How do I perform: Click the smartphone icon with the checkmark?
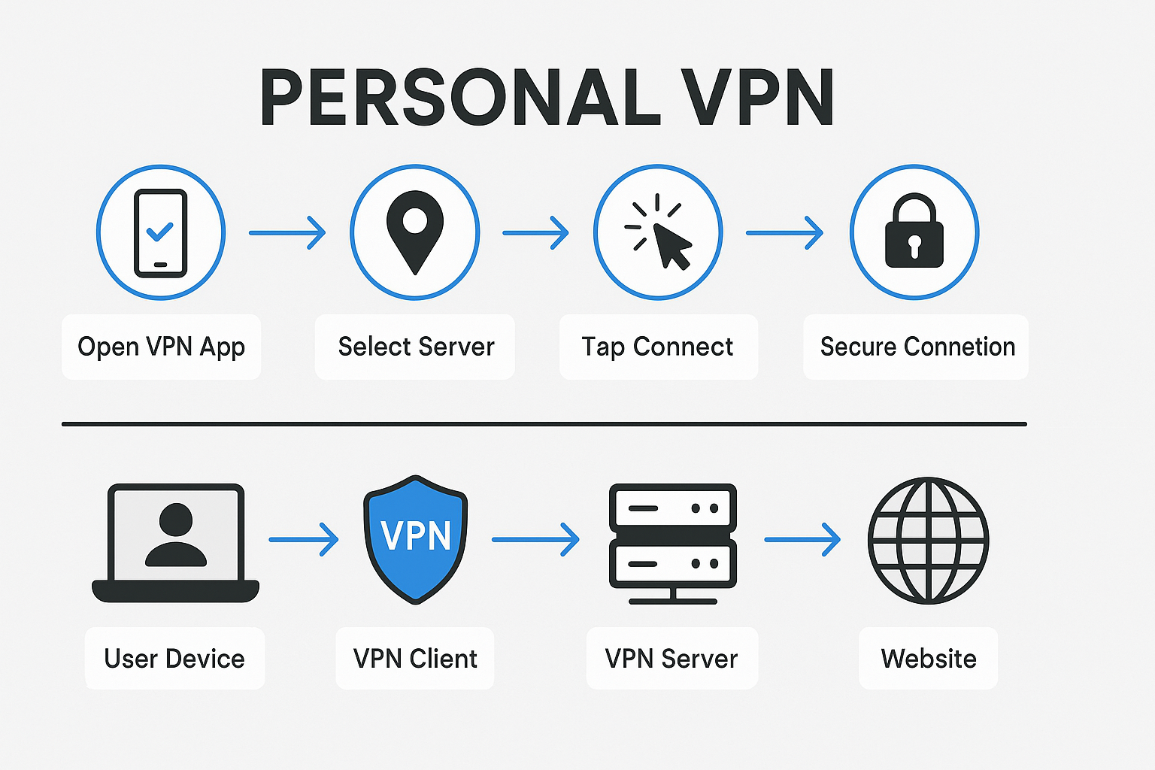tap(160, 233)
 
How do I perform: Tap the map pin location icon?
tap(415, 229)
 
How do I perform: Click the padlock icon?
tap(914, 233)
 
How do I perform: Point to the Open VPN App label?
tap(161, 347)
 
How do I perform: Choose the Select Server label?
tap(416, 347)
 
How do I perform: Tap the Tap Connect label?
tap(657, 347)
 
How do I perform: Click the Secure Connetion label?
tap(917, 347)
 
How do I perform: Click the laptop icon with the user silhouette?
tap(175, 541)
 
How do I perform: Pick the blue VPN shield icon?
tap(416, 538)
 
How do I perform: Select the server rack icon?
tap(672, 543)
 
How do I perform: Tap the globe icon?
tap(928, 540)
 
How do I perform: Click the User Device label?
tap(174, 659)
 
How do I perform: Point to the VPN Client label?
tap(415, 659)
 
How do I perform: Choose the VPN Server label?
tap(671, 659)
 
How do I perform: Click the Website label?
tap(929, 659)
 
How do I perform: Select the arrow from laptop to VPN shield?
tap(304, 539)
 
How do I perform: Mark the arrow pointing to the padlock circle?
tap(784, 233)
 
